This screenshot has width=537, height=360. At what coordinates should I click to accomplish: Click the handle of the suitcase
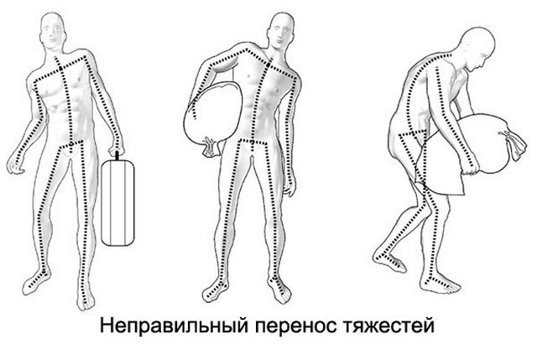pos(117,154)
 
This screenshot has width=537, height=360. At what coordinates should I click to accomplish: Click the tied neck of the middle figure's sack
pos(207,149)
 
